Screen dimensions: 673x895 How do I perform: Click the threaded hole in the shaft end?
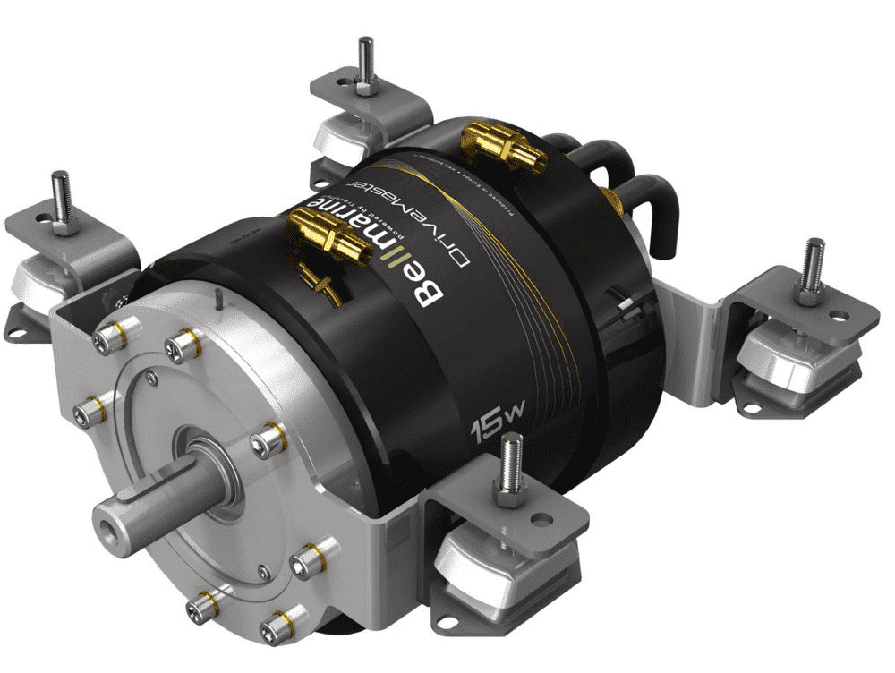tap(108, 518)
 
